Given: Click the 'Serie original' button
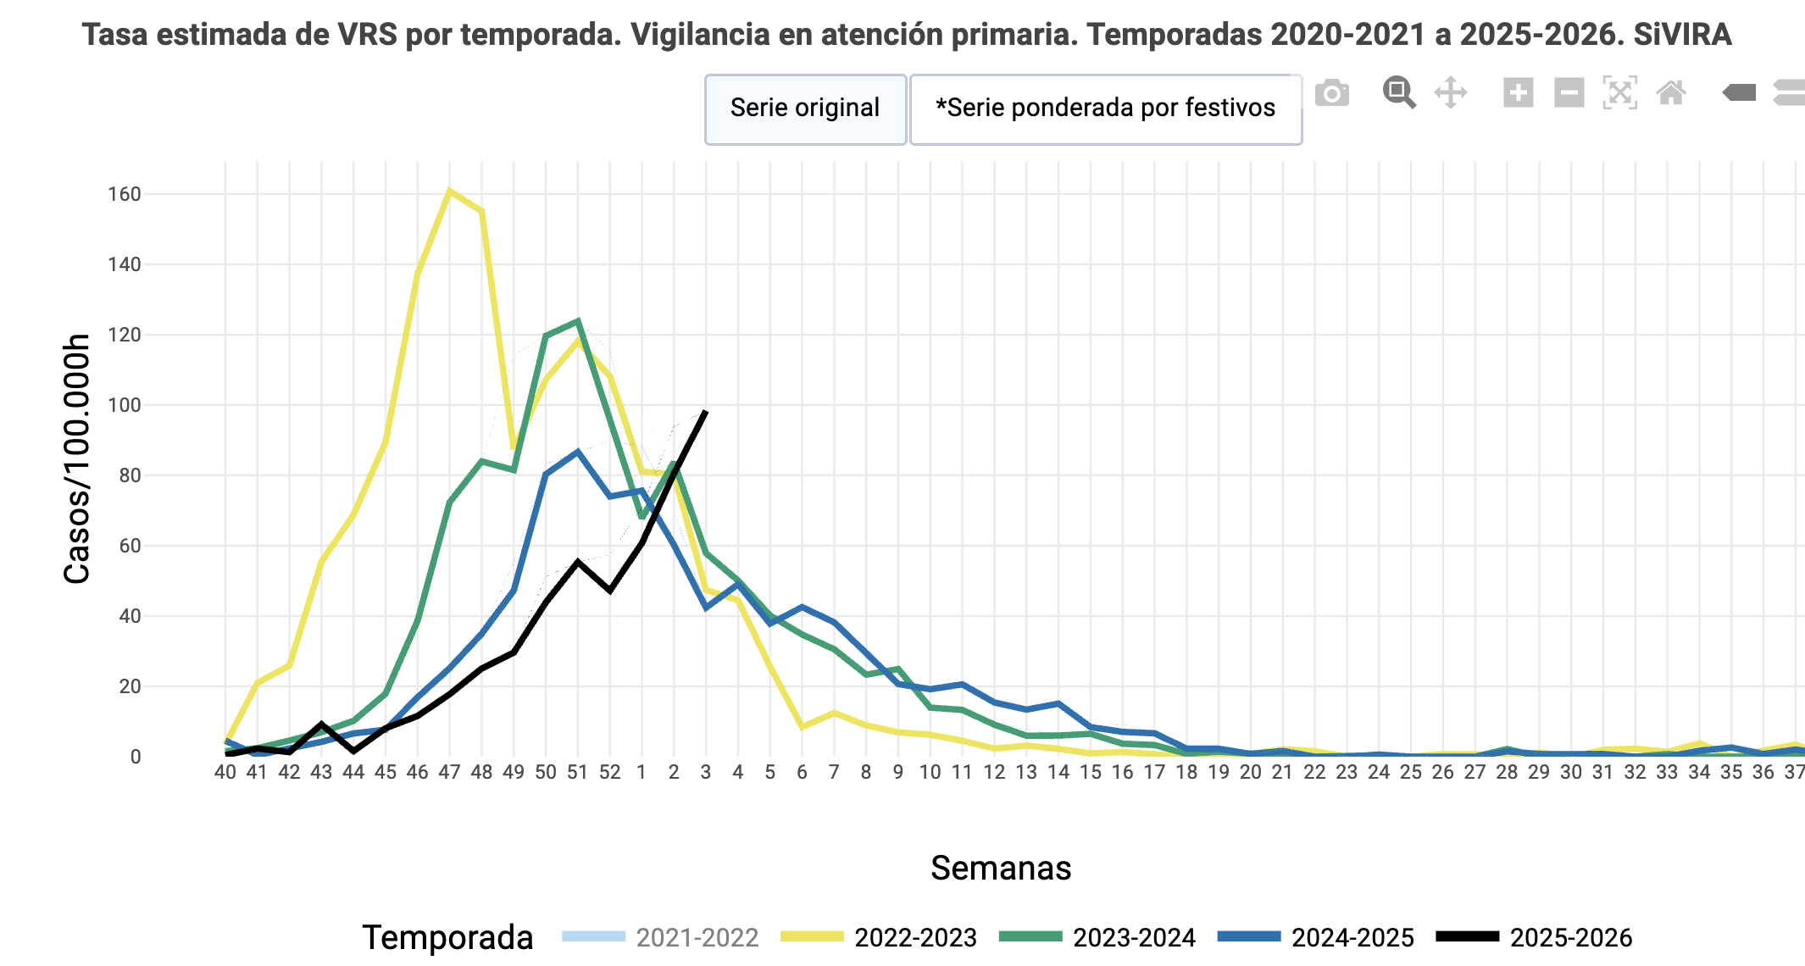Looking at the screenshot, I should click(805, 108).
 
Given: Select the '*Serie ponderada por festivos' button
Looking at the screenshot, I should click(1105, 108).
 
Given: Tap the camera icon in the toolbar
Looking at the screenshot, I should click(1332, 93).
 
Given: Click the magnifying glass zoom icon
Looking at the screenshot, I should click(1399, 92).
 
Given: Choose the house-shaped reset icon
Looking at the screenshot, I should click(1671, 92).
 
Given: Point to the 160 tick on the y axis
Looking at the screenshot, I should click(125, 194).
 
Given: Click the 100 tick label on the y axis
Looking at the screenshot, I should click(125, 405).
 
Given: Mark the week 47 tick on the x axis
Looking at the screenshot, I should click(449, 772).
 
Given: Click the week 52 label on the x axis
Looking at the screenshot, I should click(610, 772).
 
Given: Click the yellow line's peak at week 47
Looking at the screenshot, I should click(449, 191).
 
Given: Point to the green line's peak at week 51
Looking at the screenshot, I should click(578, 321).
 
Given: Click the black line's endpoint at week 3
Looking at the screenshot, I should click(706, 412).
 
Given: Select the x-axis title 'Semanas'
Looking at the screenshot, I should click(1001, 868).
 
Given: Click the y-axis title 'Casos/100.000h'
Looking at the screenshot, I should click(77, 458).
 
